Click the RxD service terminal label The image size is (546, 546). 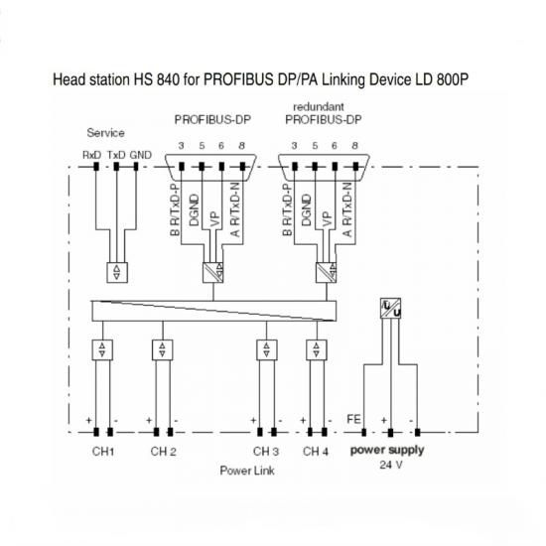pos(92,155)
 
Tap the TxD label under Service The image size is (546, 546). pos(116,155)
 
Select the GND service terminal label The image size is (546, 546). pos(141,155)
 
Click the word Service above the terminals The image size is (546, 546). pos(105,133)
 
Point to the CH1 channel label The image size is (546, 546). pos(103,452)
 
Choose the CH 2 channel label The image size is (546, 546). pos(164,452)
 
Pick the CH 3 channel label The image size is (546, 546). pos(266,452)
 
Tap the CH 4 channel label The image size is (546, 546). pos(316,452)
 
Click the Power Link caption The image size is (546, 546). pos(247,471)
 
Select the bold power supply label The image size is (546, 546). pos(387,450)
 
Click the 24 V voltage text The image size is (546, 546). pos(391,465)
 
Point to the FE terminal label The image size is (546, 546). pos(353,419)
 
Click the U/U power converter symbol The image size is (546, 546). pos(390,309)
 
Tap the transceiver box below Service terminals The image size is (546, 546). pos(117,272)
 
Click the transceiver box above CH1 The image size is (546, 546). pos(102,350)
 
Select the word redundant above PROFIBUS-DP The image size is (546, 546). pos(319,106)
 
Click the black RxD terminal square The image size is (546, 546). pos(96,167)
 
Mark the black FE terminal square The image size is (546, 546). pos(364,433)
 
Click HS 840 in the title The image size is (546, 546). pos(158,79)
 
